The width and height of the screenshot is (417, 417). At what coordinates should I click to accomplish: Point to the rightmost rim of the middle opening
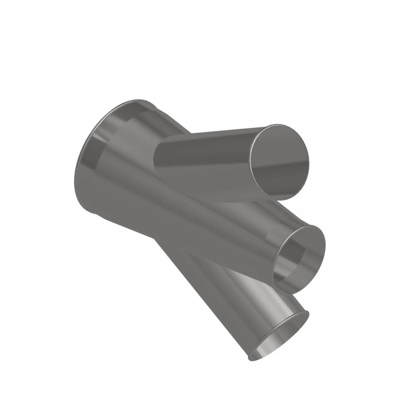pos(324,250)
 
